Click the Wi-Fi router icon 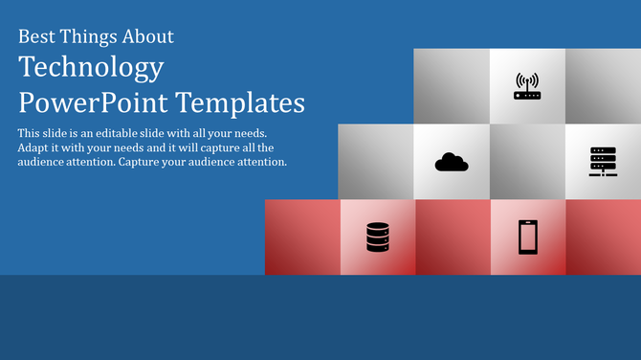pos(527,86)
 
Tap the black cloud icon pos(452,162)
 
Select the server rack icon pos(603,162)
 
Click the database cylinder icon pos(378,236)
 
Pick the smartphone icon pos(527,236)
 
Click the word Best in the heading pos(37,37)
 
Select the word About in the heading pos(148,37)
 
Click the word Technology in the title pos(91,69)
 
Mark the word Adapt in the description pos(34,147)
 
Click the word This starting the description pos(29,132)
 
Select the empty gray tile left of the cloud pos(376,162)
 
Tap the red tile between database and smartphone pos(453,236)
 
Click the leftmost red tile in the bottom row pos(302,236)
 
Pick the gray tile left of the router pos(452,86)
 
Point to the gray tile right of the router pos(603,86)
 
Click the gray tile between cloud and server pos(527,162)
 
